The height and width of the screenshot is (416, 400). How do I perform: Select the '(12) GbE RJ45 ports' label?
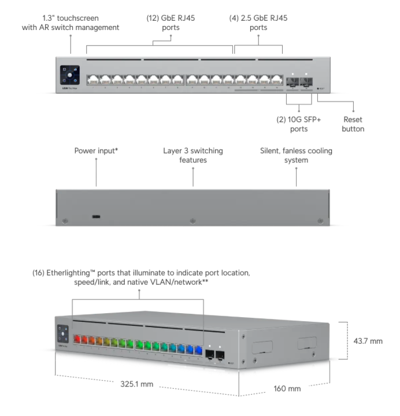[171, 23]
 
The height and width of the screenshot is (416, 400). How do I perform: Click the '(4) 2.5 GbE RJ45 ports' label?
[258, 23]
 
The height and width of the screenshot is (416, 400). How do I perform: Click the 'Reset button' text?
[353, 124]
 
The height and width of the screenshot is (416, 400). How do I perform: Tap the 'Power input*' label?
[96, 151]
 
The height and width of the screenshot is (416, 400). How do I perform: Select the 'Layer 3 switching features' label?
[192, 155]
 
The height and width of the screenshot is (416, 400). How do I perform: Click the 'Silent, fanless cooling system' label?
[296, 155]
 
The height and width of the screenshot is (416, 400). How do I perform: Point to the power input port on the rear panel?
[96, 217]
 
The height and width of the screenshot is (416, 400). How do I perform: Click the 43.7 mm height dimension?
[368, 341]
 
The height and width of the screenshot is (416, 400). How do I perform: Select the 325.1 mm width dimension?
[137, 384]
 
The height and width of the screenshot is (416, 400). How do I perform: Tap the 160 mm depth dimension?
[287, 388]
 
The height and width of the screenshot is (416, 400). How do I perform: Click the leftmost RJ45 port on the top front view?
[92, 79]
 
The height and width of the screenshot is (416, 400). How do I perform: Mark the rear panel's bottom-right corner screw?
[318, 221]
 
